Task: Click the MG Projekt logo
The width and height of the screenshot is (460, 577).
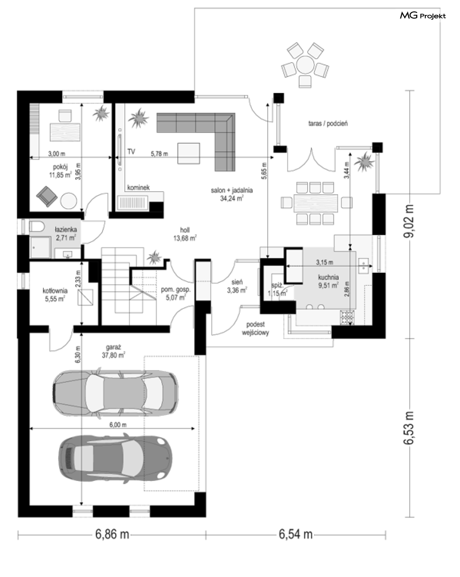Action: coord(423,16)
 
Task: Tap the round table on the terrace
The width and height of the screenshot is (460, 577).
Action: coord(305,64)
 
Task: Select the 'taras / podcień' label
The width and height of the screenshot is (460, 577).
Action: coord(328,124)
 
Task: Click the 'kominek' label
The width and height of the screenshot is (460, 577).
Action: coord(138,187)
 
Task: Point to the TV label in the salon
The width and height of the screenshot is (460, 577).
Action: coord(131,152)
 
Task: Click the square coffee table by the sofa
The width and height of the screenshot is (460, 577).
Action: coord(189,153)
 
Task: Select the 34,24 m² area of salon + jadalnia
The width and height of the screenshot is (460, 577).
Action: coord(232,199)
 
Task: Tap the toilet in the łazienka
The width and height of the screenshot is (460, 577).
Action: coord(36,227)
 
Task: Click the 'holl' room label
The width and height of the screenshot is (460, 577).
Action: coord(185,230)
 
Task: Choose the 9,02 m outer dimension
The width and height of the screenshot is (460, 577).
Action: coord(409,221)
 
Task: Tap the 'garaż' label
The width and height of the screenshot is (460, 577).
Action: coord(113,347)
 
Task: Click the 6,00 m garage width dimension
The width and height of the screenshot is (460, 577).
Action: coord(118,425)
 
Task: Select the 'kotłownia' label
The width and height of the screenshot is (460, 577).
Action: coord(55,291)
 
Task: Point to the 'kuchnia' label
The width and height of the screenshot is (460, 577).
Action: coord(328,277)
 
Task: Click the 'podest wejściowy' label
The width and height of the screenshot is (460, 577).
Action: coord(255,328)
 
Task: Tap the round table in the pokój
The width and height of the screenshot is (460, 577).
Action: coord(69,201)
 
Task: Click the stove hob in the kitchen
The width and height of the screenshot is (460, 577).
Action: coord(347,317)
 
